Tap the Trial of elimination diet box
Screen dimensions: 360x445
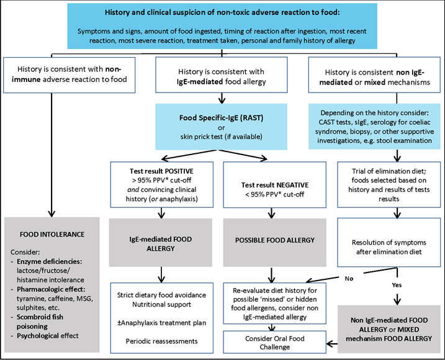click(387, 184)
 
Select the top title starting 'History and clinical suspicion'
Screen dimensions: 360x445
click(222, 14)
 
